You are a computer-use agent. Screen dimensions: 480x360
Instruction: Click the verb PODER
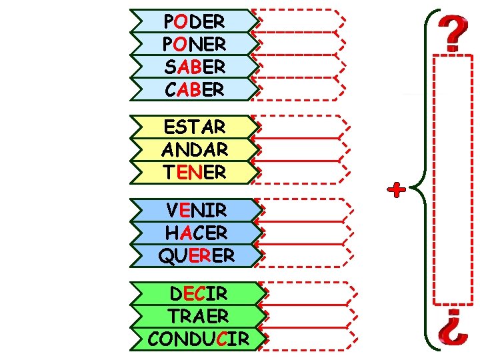tap(194, 21)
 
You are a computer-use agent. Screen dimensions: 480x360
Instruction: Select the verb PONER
tap(194, 44)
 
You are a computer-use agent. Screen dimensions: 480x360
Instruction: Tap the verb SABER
tap(194, 67)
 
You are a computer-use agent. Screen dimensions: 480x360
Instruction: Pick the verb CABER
tap(194, 89)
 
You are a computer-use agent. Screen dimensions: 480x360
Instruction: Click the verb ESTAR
tap(194, 126)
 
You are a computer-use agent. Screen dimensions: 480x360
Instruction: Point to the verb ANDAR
tap(194, 149)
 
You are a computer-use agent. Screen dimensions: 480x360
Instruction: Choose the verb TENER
tap(194, 172)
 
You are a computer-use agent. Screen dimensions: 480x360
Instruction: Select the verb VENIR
tap(196, 210)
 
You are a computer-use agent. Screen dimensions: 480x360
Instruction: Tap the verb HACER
tap(196, 233)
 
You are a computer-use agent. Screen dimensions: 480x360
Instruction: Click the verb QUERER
tap(196, 255)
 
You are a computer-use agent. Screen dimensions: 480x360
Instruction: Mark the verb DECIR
tap(198, 293)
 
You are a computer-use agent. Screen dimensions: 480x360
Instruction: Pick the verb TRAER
tap(198, 316)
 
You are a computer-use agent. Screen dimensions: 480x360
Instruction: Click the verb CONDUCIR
tap(198, 339)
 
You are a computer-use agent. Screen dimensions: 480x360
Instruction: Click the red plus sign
tap(397, 191)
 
